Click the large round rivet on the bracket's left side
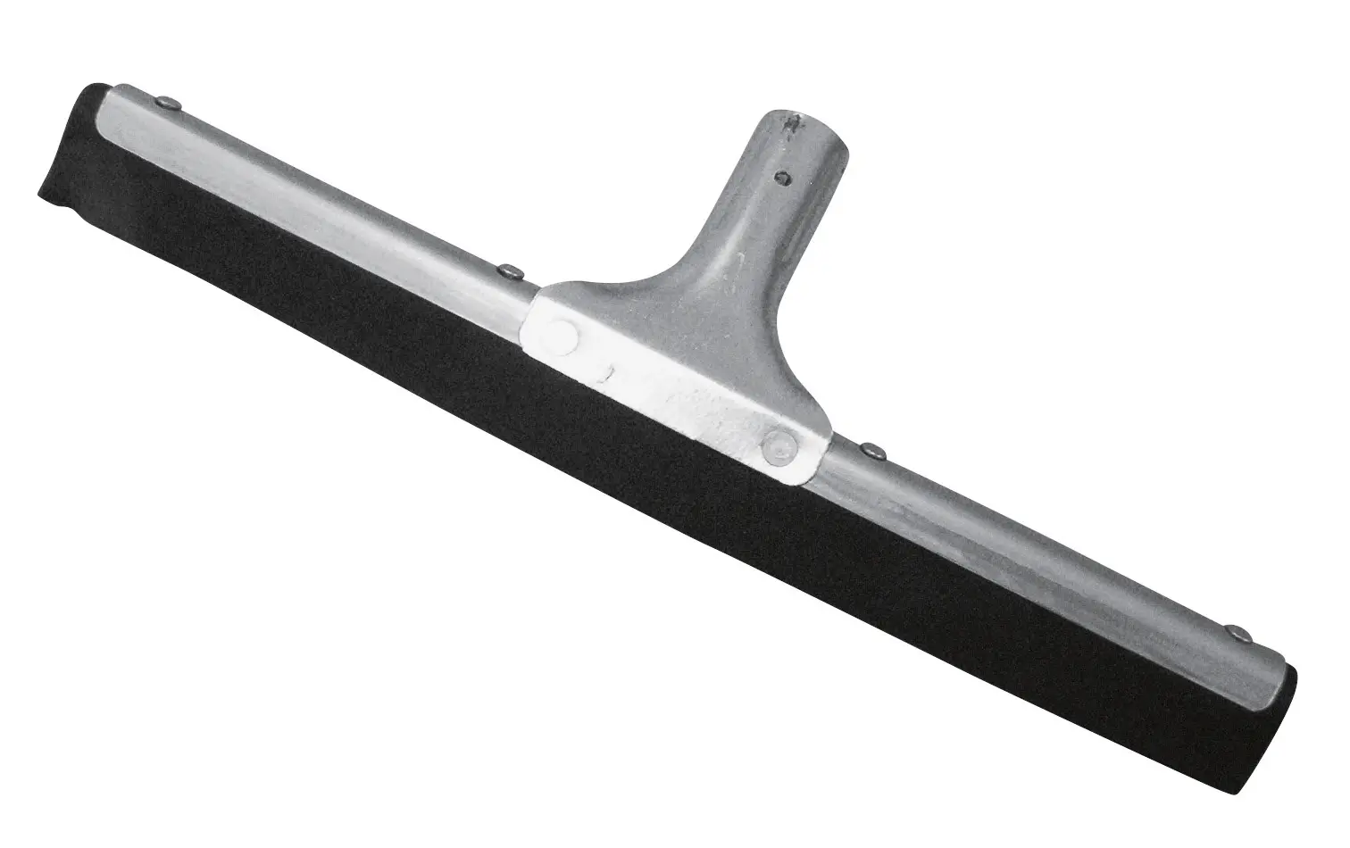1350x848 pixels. (x=562, y=332)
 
